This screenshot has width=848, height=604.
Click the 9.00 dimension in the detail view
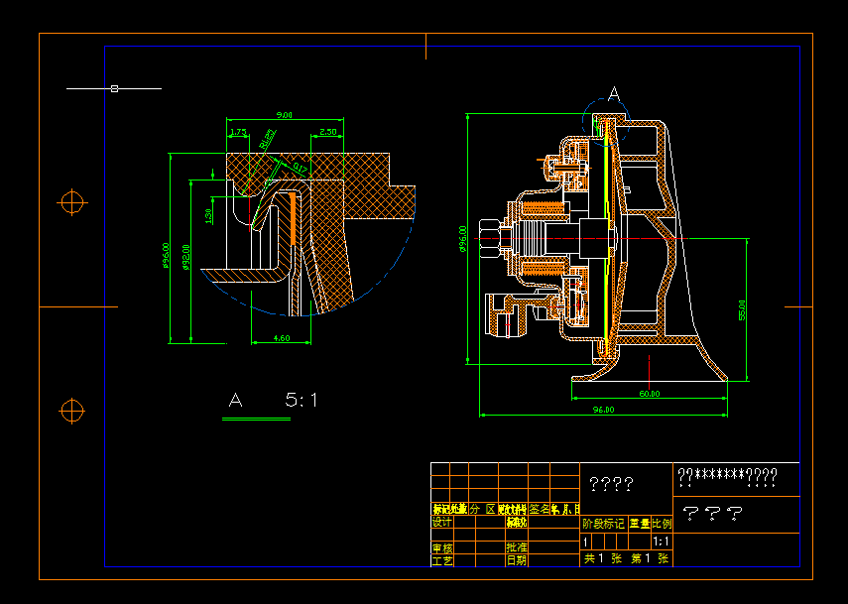click(284, 115)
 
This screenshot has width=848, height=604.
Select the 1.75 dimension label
click(238, 131)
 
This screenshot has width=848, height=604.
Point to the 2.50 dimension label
click(328, 131)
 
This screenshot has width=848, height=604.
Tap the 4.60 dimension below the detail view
click(281, 338)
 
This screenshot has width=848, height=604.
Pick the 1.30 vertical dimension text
click(208, 215)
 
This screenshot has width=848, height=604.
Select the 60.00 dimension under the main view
click(649, 394)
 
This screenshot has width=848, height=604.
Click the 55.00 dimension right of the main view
click(742, 309)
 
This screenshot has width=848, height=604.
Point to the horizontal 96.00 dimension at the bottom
click(603, 409)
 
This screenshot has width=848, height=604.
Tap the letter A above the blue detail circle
click(614, 93)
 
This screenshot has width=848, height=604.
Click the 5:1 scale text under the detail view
click(302, 401)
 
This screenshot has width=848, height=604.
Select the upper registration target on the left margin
click(71, 202)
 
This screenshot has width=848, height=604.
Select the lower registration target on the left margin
click(71, 410)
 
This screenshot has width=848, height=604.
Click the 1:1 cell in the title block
click(662, 542)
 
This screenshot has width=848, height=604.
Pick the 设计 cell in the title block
click(442, 522)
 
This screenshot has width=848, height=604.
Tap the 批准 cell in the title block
click(517, 546)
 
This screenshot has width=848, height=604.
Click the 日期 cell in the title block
click(517, 560)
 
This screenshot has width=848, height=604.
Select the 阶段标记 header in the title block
click(603, 523)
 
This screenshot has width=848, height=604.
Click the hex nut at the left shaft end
click(488, 239)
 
